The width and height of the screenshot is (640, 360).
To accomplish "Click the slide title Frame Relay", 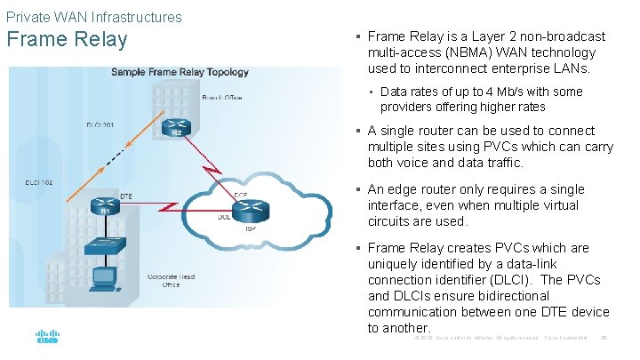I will click(x=68, y=40).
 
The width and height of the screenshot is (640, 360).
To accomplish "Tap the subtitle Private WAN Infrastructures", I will click(x=93, y=16).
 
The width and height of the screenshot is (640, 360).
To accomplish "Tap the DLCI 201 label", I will click(x=100, y=125).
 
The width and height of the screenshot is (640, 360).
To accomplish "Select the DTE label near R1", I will click(x=127, y=196).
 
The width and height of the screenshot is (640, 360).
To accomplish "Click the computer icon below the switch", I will click(x=112, y=276).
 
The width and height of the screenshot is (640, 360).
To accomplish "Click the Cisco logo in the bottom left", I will click(x=46, y=338).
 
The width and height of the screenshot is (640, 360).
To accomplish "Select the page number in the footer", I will click(x=604, y=339).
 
